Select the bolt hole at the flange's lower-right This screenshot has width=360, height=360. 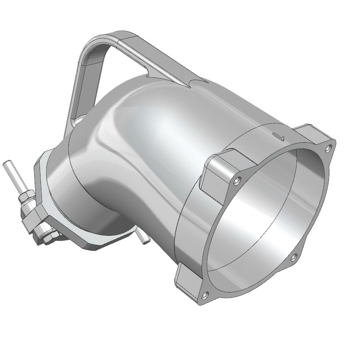point(293,257)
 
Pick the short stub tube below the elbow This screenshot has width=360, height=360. point(143,238)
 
